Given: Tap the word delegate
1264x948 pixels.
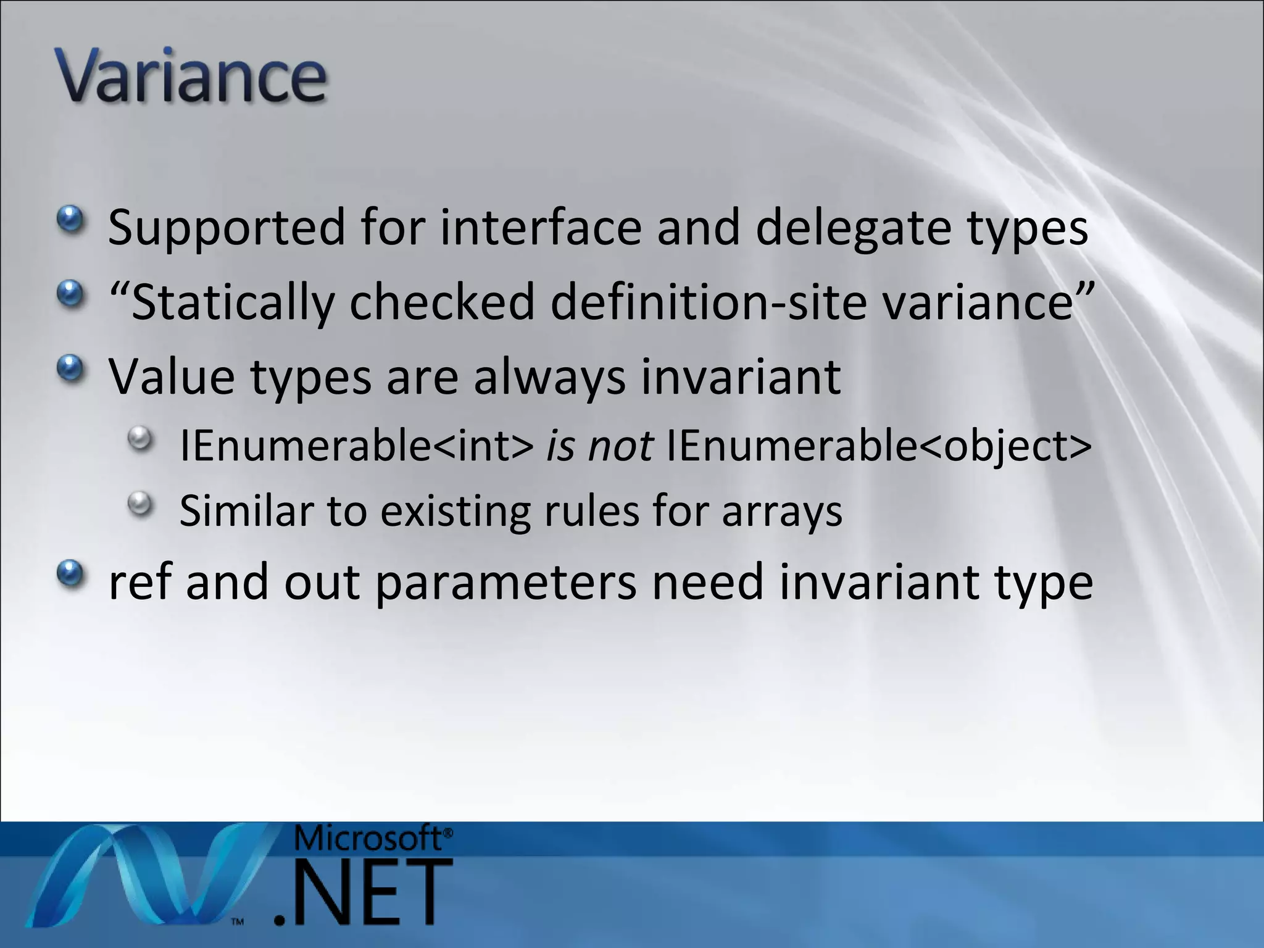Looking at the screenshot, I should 854,227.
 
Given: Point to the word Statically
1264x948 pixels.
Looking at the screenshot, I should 233,302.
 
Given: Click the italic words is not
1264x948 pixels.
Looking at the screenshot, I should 599,446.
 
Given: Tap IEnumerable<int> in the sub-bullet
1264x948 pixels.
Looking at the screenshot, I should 356,446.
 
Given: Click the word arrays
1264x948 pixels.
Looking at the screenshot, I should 781,511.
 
